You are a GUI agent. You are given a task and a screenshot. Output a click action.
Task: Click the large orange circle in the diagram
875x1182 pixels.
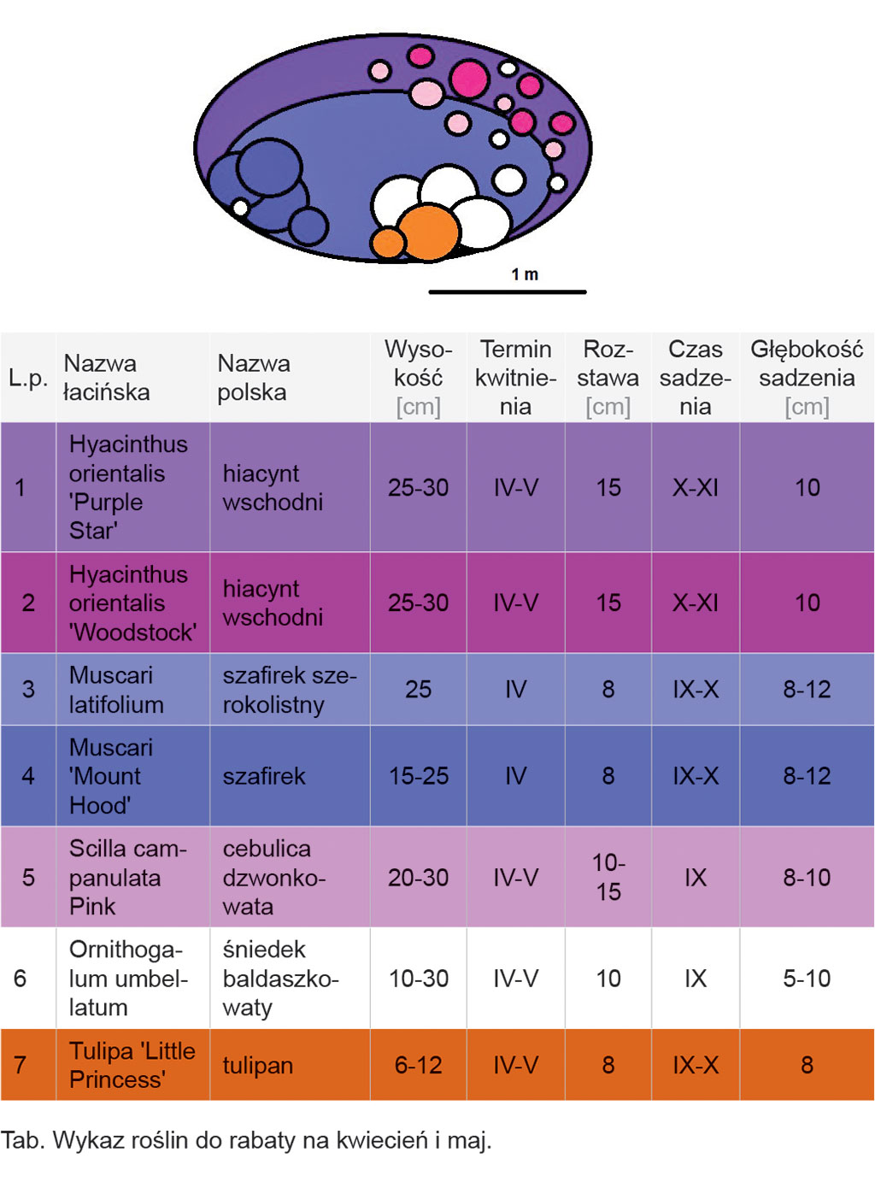tap(428, 232)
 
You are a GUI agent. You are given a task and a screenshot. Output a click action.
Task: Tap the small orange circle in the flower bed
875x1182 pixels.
tap(388, 243)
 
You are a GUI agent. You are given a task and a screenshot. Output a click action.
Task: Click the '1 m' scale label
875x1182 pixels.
tap(525, 274)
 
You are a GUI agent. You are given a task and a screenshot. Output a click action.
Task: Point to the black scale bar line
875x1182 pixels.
tap(507, 292)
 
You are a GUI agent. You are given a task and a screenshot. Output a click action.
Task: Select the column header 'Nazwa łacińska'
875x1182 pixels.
tap(107, 378)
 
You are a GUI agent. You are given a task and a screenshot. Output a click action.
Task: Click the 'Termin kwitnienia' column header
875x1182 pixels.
tap(515, 378)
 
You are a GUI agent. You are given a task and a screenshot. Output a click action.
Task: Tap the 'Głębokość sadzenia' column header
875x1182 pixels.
tap(806, 378)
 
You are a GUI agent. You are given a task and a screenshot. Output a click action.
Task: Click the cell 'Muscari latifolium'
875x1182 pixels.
tap(116, 690)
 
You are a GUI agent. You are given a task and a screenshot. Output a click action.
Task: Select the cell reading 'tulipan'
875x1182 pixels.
tap(258, 1066)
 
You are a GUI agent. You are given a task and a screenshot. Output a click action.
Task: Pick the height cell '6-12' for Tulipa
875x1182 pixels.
tap(418, 1066)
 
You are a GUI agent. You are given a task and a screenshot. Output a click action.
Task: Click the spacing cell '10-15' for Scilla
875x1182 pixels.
tap(608, 877)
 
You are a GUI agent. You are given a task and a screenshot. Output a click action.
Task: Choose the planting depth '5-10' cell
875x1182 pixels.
tap(806, 979)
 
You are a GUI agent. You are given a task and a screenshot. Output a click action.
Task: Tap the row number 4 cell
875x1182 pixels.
tap(28, 776)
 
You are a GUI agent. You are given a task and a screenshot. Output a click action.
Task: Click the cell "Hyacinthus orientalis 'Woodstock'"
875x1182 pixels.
tap(132, 603)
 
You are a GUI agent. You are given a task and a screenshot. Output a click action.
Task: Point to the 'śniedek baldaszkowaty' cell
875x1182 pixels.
tap(280, 979)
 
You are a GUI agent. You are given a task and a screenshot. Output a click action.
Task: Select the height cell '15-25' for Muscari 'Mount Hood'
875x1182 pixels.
tap(418, 776)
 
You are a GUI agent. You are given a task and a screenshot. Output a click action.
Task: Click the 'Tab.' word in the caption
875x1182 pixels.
tap(22, 1141)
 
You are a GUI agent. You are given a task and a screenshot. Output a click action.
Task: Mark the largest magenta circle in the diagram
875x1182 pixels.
tap(469, 79)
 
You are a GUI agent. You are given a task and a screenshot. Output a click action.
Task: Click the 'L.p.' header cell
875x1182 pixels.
tap(28, 378)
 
